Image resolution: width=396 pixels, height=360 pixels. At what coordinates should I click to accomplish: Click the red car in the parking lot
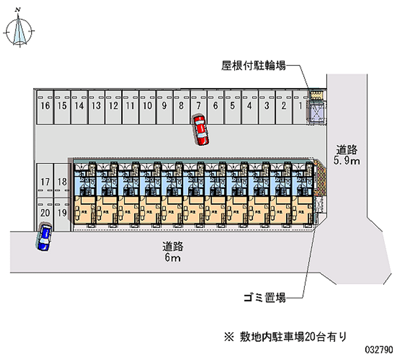point(201,130)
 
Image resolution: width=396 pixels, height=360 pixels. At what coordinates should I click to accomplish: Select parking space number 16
point(45,106)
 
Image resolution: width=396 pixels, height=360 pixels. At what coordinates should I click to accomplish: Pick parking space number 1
point(300,106)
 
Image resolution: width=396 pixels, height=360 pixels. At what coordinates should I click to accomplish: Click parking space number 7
point(198,106)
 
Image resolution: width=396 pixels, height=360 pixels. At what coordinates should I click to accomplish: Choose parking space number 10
point(147,106)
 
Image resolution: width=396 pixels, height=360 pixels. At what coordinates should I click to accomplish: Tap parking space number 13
point(96,106)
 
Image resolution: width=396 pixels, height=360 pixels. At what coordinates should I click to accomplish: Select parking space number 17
point(45,182)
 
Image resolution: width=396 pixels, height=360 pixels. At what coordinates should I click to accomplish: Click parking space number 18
point(62,182)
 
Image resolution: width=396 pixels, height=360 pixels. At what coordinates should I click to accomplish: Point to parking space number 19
point(62,213)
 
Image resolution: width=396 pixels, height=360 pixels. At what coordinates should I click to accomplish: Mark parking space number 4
point(249,106)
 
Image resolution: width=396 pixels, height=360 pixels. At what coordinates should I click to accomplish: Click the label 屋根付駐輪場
point(253,65)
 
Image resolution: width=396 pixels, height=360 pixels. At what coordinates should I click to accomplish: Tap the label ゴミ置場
point(265,298)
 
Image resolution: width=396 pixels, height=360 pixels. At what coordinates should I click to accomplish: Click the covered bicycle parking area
point(316,106)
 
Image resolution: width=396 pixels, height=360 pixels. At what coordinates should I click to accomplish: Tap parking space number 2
point(283,106)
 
